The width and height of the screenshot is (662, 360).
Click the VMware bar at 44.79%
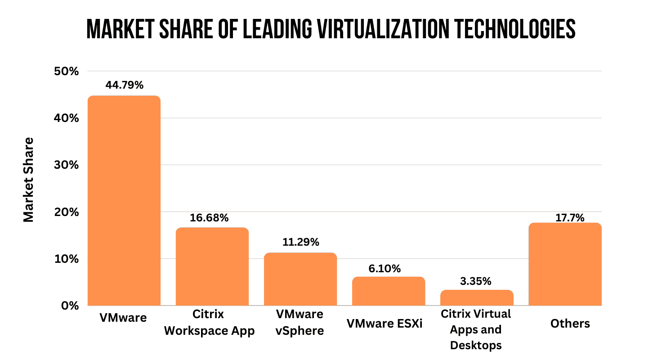[124, 201]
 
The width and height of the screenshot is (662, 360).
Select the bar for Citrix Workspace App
[212, 266]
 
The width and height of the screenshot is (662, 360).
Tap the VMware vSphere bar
[300, 279]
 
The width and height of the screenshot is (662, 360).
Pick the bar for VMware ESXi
[388, 291]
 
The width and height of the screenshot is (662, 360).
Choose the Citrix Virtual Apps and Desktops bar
[476, 297]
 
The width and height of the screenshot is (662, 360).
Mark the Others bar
[564, 264]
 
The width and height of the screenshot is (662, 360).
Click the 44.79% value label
[125, 85]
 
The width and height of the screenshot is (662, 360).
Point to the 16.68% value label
[209, 218]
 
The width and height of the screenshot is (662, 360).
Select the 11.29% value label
[300, 242]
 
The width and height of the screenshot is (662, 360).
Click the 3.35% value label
[475, 282]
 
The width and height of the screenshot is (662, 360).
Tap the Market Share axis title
[28, 180]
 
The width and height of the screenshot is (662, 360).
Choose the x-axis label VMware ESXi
[385, 324]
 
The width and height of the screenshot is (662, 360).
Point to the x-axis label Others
[570, 324]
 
